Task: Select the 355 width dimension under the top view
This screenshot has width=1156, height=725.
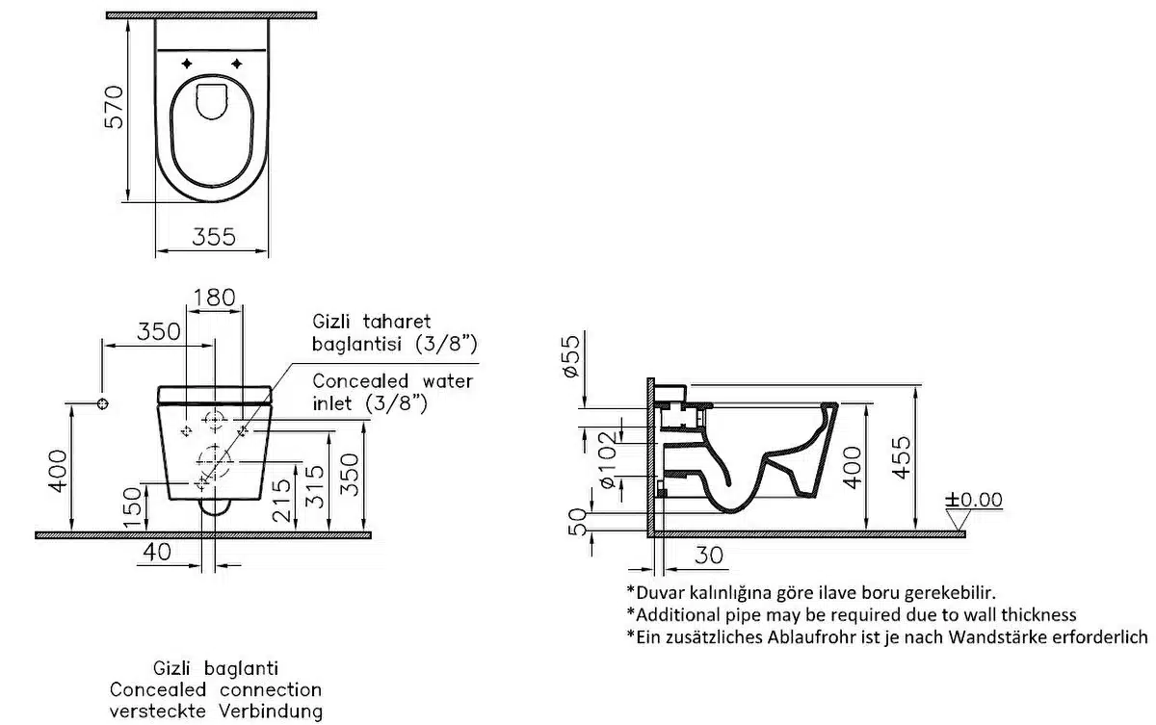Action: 212,237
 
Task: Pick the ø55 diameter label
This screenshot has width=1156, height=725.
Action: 568,356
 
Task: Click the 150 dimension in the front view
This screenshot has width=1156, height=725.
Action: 135,501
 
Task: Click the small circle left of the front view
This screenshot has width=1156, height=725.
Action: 103,402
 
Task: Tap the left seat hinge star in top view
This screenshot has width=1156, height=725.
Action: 187,64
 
